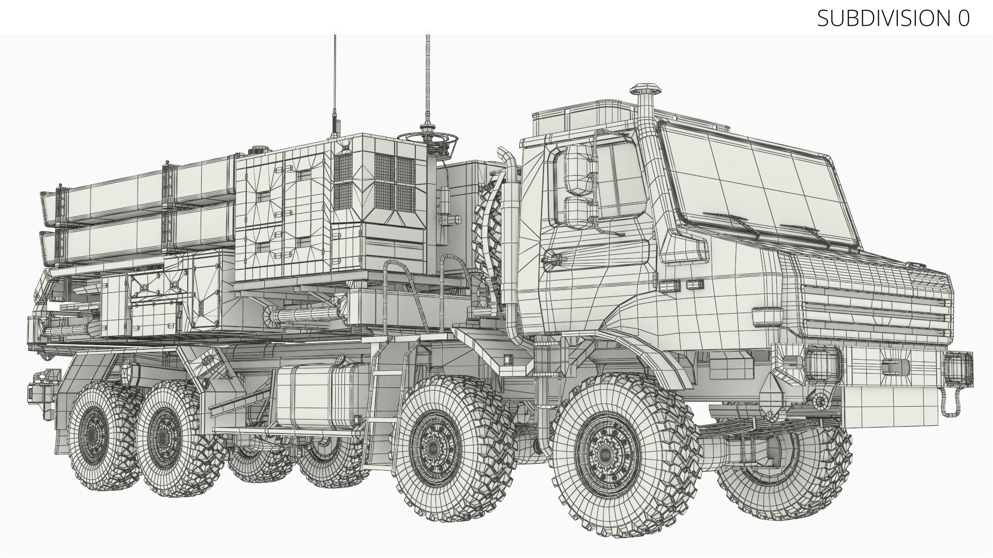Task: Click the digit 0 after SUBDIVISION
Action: pos(962,19)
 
